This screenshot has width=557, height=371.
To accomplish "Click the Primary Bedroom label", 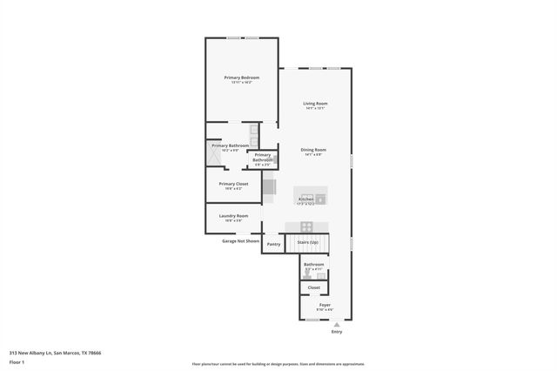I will [x=241, y=78].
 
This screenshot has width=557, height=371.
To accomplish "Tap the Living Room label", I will [x=314, y=104].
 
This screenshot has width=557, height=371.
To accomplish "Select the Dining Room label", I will [x=312, y=150].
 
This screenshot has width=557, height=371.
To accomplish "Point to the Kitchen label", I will [x=305, y=199].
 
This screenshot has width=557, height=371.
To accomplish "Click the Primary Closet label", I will [x=233, y=184].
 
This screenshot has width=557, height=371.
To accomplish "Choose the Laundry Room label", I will [x=233, y=215].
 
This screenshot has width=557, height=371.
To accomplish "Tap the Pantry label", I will [x=273, y=244].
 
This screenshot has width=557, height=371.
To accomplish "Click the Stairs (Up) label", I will [x=308, y=242].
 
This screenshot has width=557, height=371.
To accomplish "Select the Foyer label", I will [x=324, y=305].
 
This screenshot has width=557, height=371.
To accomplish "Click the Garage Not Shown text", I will [x=240, y=240].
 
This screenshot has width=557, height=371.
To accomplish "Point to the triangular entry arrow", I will [x=338, y=323].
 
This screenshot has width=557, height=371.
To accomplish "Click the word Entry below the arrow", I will [x=338, y=332].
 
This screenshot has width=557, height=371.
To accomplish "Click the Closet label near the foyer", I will [x=313, y=287].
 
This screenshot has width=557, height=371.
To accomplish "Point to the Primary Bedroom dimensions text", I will [x=241, y=82].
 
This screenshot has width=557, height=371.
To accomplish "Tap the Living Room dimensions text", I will [x=314, y=108].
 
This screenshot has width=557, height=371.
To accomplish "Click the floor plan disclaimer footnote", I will [x=278, y=364].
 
